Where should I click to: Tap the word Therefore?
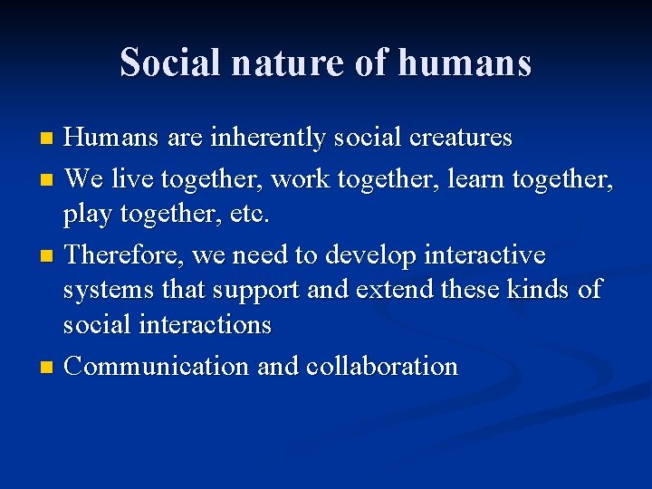[x=126, y=255]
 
